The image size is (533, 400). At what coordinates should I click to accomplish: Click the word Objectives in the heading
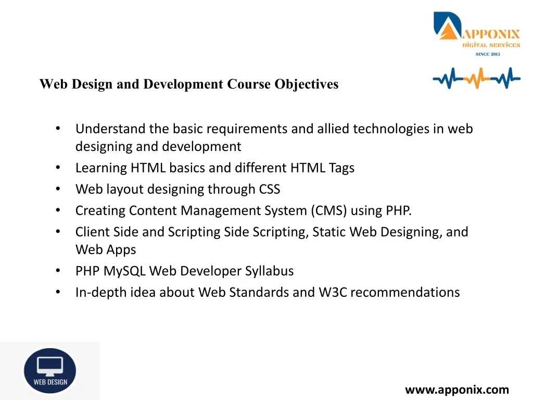coord(306,84)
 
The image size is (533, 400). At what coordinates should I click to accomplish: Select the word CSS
coord(270,189)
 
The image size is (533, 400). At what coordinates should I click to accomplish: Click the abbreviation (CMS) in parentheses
coord(329,210)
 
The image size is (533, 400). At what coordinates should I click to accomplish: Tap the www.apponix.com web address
coord(457,390)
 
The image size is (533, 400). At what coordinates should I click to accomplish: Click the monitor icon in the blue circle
coord(50,366)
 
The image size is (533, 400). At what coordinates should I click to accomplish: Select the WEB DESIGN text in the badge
coord(50,382)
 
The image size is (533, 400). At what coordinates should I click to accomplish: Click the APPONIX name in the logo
coord(491,34)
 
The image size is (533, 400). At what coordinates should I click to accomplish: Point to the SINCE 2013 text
coord(488,54)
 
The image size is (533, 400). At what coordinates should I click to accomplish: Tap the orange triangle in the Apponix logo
coord(449,31)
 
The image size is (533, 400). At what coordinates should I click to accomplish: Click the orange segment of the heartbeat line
coord(477,78)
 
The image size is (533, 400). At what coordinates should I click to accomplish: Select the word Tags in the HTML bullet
coord(341,168)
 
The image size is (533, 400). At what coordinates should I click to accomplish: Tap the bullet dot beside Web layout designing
coord(58,189)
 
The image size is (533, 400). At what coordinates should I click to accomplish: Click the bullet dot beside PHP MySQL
coord(58,270)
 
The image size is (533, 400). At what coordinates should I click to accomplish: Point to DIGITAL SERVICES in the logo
coord(491,45)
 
